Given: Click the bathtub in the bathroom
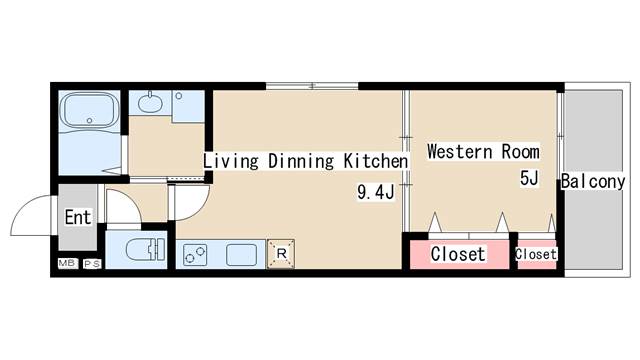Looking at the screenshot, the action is (x=89, y=110).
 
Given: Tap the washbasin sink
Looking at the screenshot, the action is (x=150, y=102).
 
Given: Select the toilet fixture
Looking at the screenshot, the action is (x=145, y=249).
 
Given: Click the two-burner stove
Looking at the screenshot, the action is (x=195, y=254).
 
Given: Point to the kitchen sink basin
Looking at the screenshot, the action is (x=242, y=254).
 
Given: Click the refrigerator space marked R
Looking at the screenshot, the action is (x=281, y=253).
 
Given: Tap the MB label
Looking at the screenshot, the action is (x=67, y=263).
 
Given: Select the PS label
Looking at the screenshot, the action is (x=92, y=264).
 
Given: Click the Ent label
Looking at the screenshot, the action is (x=78, y=217).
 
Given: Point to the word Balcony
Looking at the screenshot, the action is (x=593, y=181).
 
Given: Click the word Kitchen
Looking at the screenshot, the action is (x=376, y=161).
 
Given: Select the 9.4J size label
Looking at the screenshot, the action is (x=376, y=192).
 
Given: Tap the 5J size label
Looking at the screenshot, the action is (x=529, y=178).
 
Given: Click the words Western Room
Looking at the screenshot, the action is (x=483, y=151).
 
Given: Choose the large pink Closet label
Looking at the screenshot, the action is (x=458, y=254).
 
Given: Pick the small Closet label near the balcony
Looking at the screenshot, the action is (x=536, y=254).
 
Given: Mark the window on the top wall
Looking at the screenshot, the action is (x=312, y=86).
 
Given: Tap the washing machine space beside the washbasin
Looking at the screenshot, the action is (x=188, y=106).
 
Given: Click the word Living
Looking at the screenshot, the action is (x=231, y=161).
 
